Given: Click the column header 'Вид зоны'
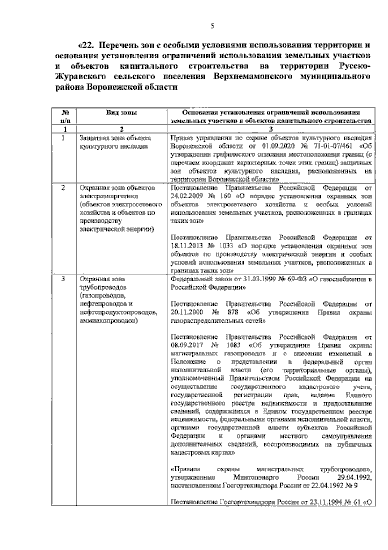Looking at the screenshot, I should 122,113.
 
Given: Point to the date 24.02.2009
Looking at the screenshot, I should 185,196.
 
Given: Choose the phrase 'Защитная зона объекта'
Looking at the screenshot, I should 115,138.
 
